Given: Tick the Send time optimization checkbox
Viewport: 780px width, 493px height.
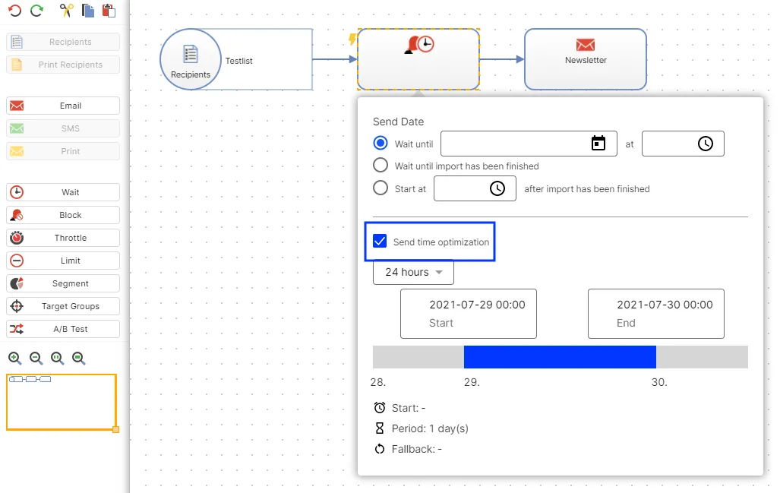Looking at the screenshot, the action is (x=380, y=242).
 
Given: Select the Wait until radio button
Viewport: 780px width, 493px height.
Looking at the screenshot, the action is (x=381, y=144).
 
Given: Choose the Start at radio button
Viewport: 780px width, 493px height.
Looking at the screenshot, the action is (x=381, y=188).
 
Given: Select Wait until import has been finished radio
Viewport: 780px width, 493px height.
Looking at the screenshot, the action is (x=381, y=165).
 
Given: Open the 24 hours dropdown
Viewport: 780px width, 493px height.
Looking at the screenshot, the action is (x=413, y=272).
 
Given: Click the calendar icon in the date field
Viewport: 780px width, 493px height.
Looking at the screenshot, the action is (x=598, y=144).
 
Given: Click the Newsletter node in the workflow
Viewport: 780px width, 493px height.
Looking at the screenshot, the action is (x=586, y=59).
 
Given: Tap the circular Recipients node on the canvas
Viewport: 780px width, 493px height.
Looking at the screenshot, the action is (x=191, y=59).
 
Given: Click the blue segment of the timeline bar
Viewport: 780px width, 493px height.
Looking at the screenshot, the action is (x=561, y=357).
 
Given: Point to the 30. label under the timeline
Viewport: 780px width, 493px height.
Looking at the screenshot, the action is (x=659, y=382).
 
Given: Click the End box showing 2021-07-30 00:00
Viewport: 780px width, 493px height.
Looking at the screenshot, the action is (x=656, y=314).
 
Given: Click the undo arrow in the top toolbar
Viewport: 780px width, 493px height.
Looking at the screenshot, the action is (x=15, y=11).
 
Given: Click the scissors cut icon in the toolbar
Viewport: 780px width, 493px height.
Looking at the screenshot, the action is (x=66, y=11).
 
